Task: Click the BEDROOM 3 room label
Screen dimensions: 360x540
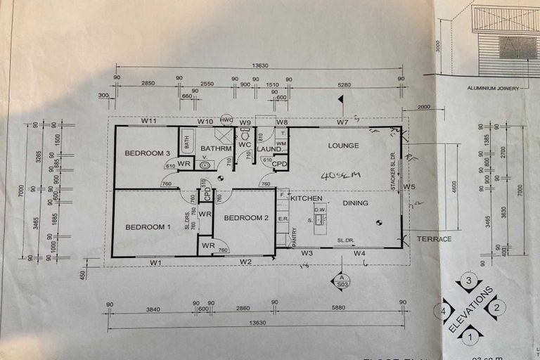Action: coord(148,153)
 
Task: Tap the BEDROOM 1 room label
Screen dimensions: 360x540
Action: coord(148,226)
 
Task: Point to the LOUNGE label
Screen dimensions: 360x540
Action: coord(343,146)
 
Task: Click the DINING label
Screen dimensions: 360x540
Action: coord(355,202)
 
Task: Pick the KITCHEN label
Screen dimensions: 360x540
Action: coord(306,199)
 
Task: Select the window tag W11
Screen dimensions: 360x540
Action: coord(148,121)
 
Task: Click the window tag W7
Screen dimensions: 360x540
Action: coord(342,122)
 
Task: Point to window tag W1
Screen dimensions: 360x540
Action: coord(155,262)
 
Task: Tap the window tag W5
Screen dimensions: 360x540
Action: coord(409,186)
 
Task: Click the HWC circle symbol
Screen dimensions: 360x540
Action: coord(226,120)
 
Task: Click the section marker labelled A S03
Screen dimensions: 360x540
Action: coord(340,281)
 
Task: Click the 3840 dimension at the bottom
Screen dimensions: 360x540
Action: coord(153,308)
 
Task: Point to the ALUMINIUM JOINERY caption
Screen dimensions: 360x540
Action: coord(493,89)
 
